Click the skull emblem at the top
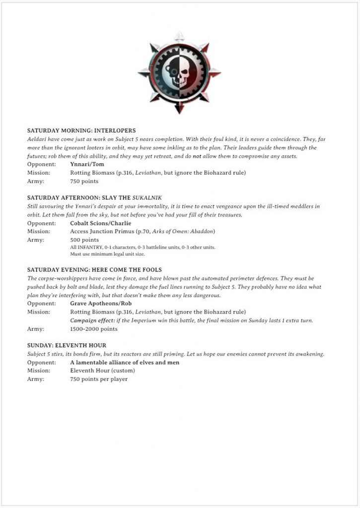[x=179, y=73]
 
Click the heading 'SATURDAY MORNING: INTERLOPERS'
[x=81, y=130]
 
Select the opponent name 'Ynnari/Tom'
[x=87, y=164]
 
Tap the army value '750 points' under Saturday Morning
[x=84, y=181]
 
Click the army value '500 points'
[x=84, y=240]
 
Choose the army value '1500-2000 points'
[x=94, y=329]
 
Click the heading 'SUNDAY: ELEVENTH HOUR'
[x=67, y=345]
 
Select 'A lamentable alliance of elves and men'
[x=125, y=363]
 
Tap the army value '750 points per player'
[x=99, y=379]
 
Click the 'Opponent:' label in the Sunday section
[x=41, y=363]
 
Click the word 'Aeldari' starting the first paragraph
[x=37, y=139]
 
